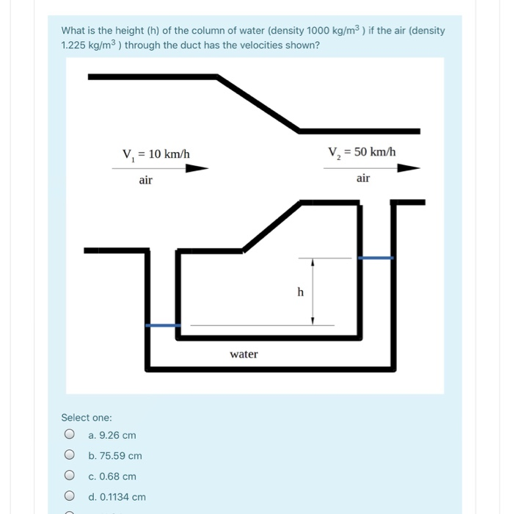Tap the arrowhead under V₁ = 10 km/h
(x=197, y=168)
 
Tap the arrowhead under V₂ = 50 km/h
(x=408, y=167)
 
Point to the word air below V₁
(x=145, y=180)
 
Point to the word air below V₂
(x=363, y=178)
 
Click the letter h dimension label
(x=300, y=292)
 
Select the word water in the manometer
(x=244, y=354)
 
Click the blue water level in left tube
(x=163, y=325)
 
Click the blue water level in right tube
(x=375, y=258)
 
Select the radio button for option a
(x=69, y=435)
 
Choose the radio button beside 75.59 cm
(x=69, y=455)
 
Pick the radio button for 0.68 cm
(x=69, y=476)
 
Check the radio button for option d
(x=69, y=496)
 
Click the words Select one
(x=87, y=417)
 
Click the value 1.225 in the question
(x=74, y=45)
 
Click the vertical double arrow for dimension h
(x=313, y=292)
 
